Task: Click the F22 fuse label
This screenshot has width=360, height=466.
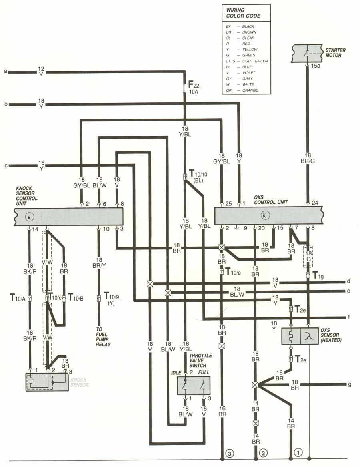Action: pos(193,86)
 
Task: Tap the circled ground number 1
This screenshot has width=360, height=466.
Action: pos(298,453)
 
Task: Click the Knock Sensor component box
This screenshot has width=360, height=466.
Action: pos(47,382)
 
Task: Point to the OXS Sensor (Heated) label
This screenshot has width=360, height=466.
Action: pos(331,336)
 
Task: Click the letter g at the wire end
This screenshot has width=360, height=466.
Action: pos(350,385)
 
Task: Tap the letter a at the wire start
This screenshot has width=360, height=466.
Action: pos(6,72)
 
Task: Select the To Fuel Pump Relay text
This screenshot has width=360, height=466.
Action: pos(104,336)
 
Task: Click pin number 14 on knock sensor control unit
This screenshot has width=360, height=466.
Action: pos(35,229)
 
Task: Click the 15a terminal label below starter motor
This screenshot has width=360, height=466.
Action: pos(316,66)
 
